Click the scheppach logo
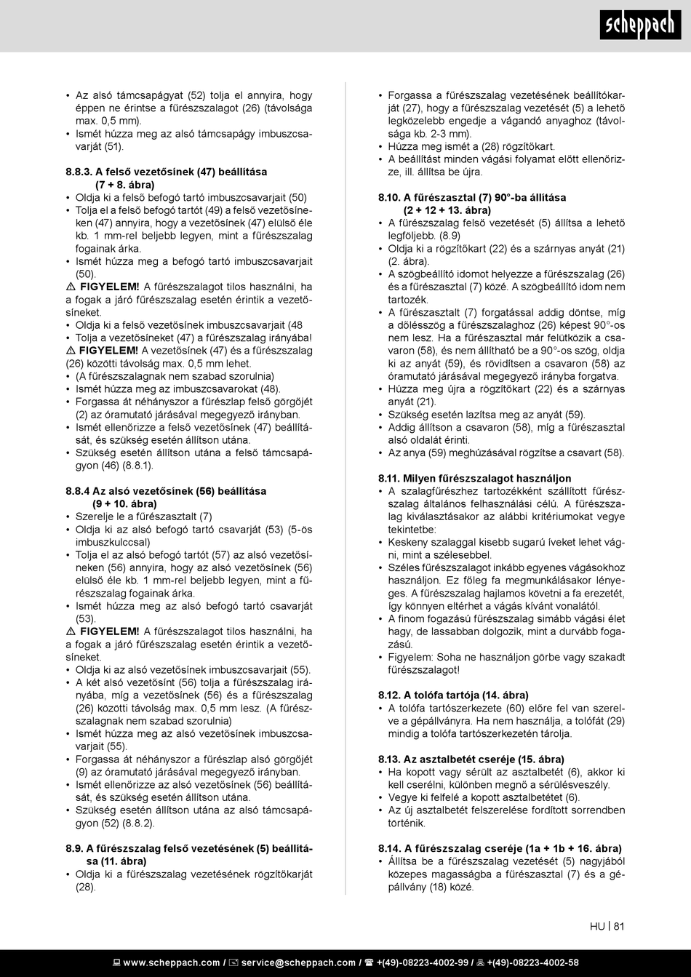pyautogui.click(x=640, y=25)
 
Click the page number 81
pyautogui.click(x=619, y=926)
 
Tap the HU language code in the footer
pyautogui.click(x=597, y=926)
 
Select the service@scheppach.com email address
pyautogui.click(x=298, y=962)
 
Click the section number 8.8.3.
pyautogui.click(x=79, y=172)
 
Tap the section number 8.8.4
pyautogui.click(x=78, y=491)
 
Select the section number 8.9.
pyautogui.click(x=74, y=848)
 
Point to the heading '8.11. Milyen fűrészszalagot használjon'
pyautogui.click(x=474, y=478)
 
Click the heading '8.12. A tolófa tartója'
pyautogui.click(x=453, y=695)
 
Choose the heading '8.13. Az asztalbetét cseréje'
pyautogui.click(x=471, y=759)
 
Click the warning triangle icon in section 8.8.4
pyautogui.click(x=71, y=631)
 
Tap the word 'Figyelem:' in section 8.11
pyautogui.click(x=410, y=657)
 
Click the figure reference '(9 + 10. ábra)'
pyautogui.click(x=124, y=503)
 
